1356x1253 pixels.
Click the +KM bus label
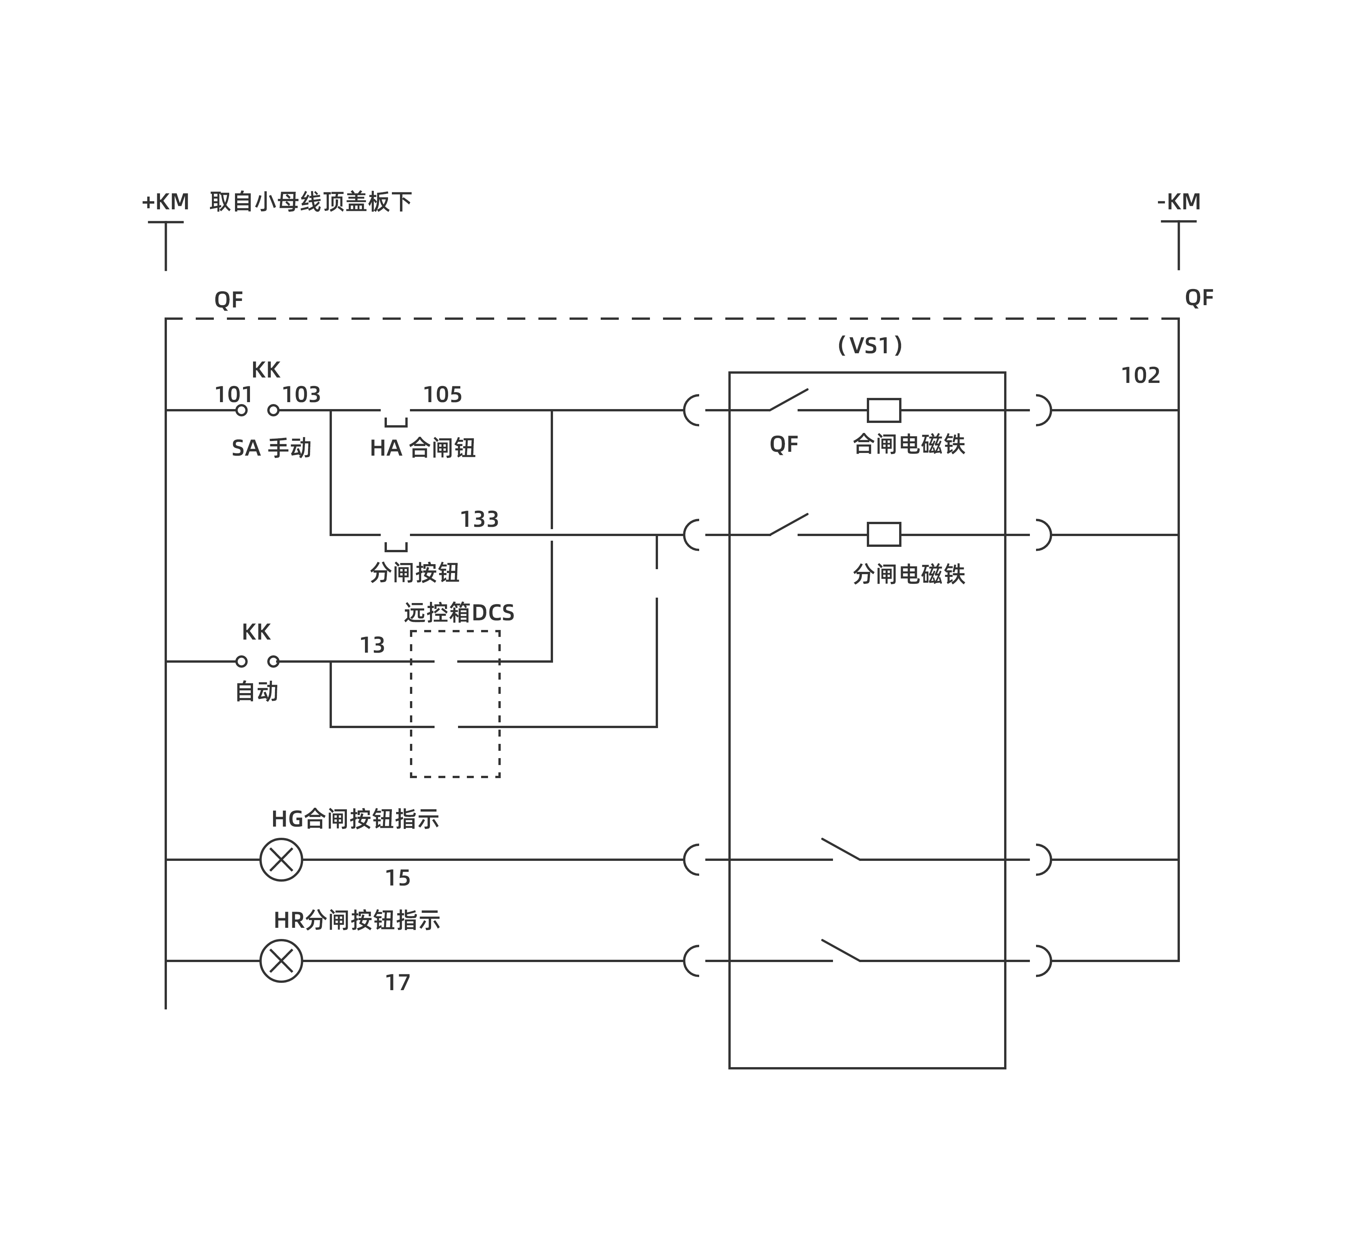click(165, 202)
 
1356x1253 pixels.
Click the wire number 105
click(443, 394)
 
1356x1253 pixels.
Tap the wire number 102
click(1141, 376)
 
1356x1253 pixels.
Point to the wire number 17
click(398, 982)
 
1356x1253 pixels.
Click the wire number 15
click(398, 878)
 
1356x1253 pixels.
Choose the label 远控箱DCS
click(459, 613)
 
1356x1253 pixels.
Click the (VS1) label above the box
click(870, 346)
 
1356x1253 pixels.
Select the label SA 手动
click(271, 448)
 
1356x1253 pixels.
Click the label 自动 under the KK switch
click(257, 692)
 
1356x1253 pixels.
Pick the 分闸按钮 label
click(415, 573)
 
